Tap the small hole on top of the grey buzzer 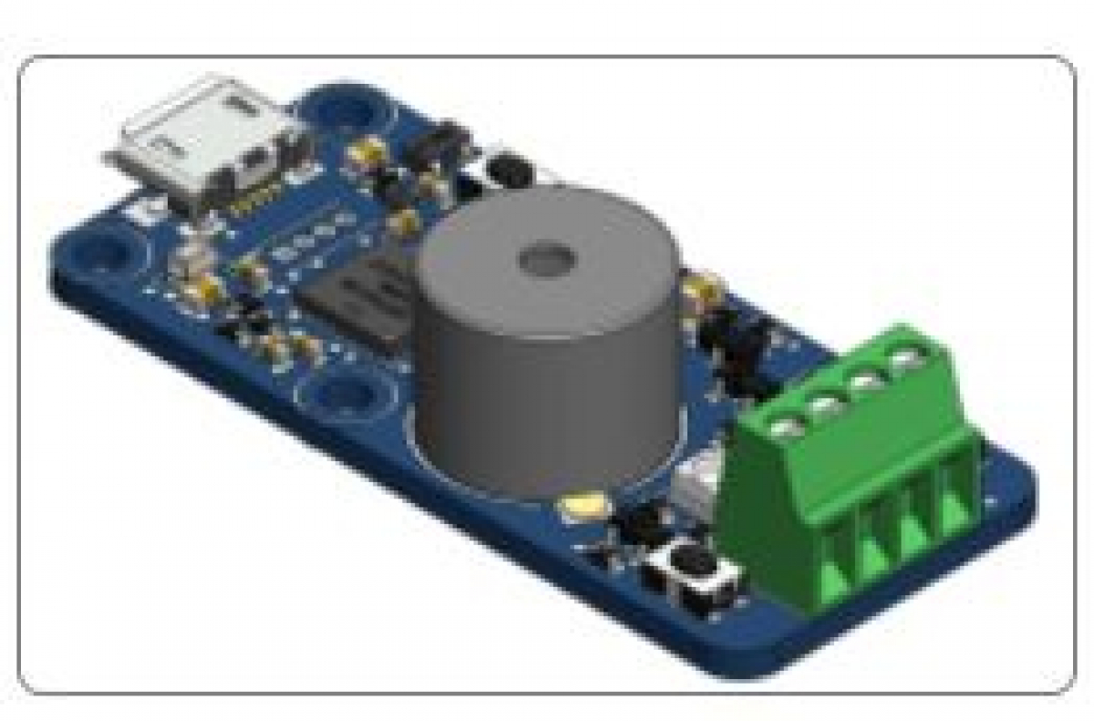(x=544, y=261)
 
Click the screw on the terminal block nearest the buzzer (x=786, y=426)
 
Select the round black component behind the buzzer (x=509, y=169)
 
